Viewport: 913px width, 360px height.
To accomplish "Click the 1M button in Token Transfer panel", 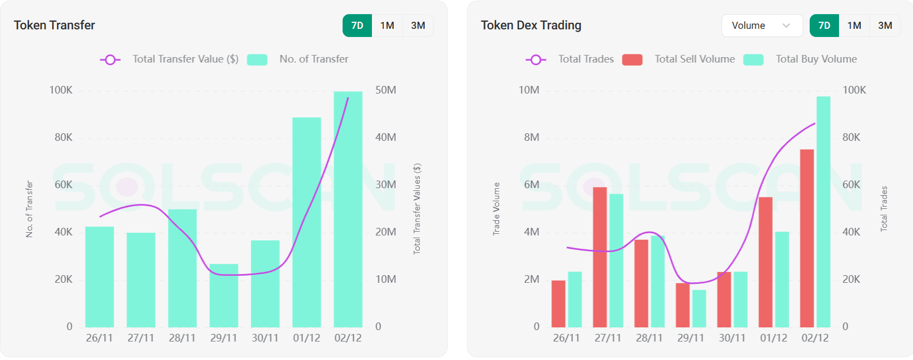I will (x=387, y=26).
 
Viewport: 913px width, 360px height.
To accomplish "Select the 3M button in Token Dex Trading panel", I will (x=885, y=26).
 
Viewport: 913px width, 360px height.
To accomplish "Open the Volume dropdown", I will (x=761, y=26).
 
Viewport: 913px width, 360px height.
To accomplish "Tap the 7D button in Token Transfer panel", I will (x=357, y=26).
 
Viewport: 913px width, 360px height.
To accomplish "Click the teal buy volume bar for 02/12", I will (x=823, y=212).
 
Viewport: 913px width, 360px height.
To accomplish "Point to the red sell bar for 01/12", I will (x=765, y=262).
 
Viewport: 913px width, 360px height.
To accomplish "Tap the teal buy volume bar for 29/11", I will (x=699, y=308).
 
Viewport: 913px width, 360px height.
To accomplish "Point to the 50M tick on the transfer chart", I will (x=386, y=90).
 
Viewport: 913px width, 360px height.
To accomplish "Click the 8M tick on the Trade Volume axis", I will (x=531, y=138).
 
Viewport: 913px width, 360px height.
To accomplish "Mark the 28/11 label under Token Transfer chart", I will (x=182, y=338).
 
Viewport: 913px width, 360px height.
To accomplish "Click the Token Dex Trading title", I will (x=531, y=26).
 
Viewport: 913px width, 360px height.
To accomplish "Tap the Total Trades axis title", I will (x=884, y=209).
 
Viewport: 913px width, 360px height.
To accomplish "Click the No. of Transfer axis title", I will (x=29, y=209).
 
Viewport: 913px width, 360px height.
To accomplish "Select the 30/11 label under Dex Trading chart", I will (x=732, y=338).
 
